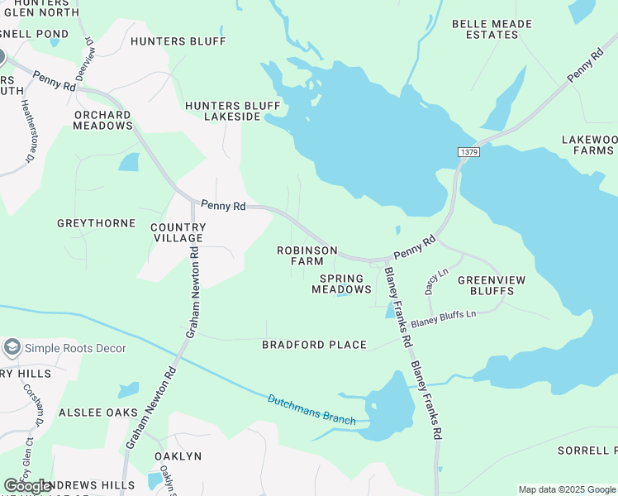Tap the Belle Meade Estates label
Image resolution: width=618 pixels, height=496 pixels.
[492, 29]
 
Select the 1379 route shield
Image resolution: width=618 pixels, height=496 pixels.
[468, 152]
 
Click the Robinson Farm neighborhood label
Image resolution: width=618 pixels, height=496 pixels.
[307, 255]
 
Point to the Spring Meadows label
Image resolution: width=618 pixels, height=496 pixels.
[342, 284]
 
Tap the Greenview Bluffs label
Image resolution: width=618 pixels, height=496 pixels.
[492, 285]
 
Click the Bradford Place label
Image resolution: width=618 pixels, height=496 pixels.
[314, 345]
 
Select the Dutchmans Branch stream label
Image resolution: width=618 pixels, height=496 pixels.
[311, 410]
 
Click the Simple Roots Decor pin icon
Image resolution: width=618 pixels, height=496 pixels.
[12, 348]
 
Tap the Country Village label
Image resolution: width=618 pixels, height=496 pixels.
[178, 232]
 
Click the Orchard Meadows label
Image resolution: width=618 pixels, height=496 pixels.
[102, 121]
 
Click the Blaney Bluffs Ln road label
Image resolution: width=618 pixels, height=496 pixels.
[444, 318]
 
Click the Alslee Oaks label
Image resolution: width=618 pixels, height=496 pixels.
[97, 412]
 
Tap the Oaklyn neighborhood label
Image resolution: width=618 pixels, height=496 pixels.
[178, 456]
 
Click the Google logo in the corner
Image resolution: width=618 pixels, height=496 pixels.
[28, 487]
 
